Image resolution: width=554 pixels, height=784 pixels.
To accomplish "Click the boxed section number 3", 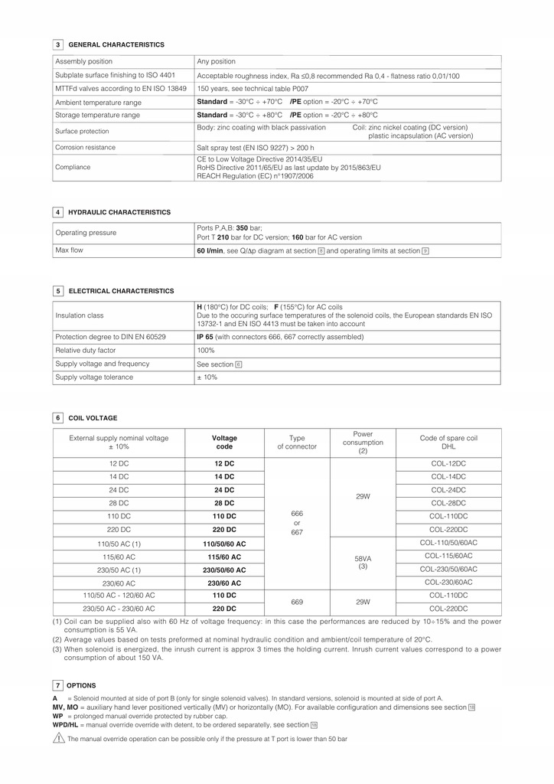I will click(x=57, y=44).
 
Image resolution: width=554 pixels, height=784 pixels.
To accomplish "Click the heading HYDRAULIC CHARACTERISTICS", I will click(x=119, y=212).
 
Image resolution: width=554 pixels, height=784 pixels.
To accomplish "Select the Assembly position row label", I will click(x=84, y=61).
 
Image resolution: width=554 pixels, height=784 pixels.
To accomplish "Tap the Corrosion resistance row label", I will click(x=86, y=147).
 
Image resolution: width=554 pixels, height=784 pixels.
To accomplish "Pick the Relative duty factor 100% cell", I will click(x=206, y=350).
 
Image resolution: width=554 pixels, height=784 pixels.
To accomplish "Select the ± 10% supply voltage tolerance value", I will click(x=207, y=377).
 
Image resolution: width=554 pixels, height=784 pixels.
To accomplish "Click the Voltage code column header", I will click(x=224, y=443).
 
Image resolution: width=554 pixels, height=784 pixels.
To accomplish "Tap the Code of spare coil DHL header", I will click(x=448, y=443).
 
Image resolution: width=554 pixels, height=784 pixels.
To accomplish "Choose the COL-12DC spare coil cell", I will click(x=448, y=464).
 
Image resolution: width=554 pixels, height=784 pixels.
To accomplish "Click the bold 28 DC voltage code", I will click(x=224, y=503).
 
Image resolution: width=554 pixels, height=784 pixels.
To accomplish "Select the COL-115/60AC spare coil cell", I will click(x=448, y=556).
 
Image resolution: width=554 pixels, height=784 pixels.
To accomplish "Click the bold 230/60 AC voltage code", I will click(x=224, y=583).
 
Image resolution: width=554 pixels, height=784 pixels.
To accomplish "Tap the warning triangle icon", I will click(x=58, y=738).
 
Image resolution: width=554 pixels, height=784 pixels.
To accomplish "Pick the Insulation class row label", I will click(x=80, y=315).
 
